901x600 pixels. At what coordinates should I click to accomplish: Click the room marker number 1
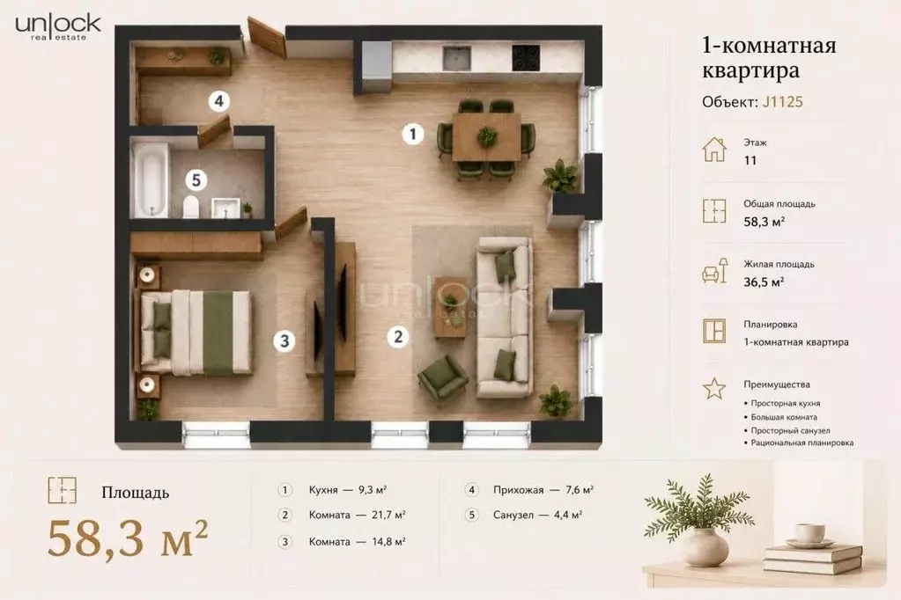click(412, 135)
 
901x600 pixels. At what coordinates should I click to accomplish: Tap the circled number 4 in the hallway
click(219, 102)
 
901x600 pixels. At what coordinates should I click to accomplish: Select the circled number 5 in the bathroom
click(196, 180)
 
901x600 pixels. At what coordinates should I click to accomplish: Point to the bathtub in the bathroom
click(151, 179)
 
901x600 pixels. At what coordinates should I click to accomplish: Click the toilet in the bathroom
click(191, 206)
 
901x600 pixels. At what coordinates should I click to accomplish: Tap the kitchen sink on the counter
click(457, 57)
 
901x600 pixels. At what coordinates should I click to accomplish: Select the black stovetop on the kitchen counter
click(526, 57)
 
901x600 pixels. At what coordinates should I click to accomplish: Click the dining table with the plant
click(487, 136)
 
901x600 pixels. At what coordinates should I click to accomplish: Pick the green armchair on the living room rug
click(442, 377)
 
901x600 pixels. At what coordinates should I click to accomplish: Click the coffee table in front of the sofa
click(451, 307)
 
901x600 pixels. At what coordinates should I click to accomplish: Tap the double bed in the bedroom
click(196, 333)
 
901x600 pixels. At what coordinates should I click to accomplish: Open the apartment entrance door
click(267, 37)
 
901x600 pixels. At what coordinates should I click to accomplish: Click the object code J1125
click(783, 102)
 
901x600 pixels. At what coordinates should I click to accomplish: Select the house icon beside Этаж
click(714, 150)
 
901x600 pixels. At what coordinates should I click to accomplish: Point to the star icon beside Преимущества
click(714, 388)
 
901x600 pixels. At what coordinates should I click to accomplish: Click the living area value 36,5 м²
click(764, 282)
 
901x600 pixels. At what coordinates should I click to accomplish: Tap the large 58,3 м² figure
click(127, 538)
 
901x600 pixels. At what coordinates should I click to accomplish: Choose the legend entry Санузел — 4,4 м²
click(537, 515)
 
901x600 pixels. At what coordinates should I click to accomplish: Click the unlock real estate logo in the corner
click(58, 26)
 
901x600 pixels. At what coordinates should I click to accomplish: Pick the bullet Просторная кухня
click(785, 403)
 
